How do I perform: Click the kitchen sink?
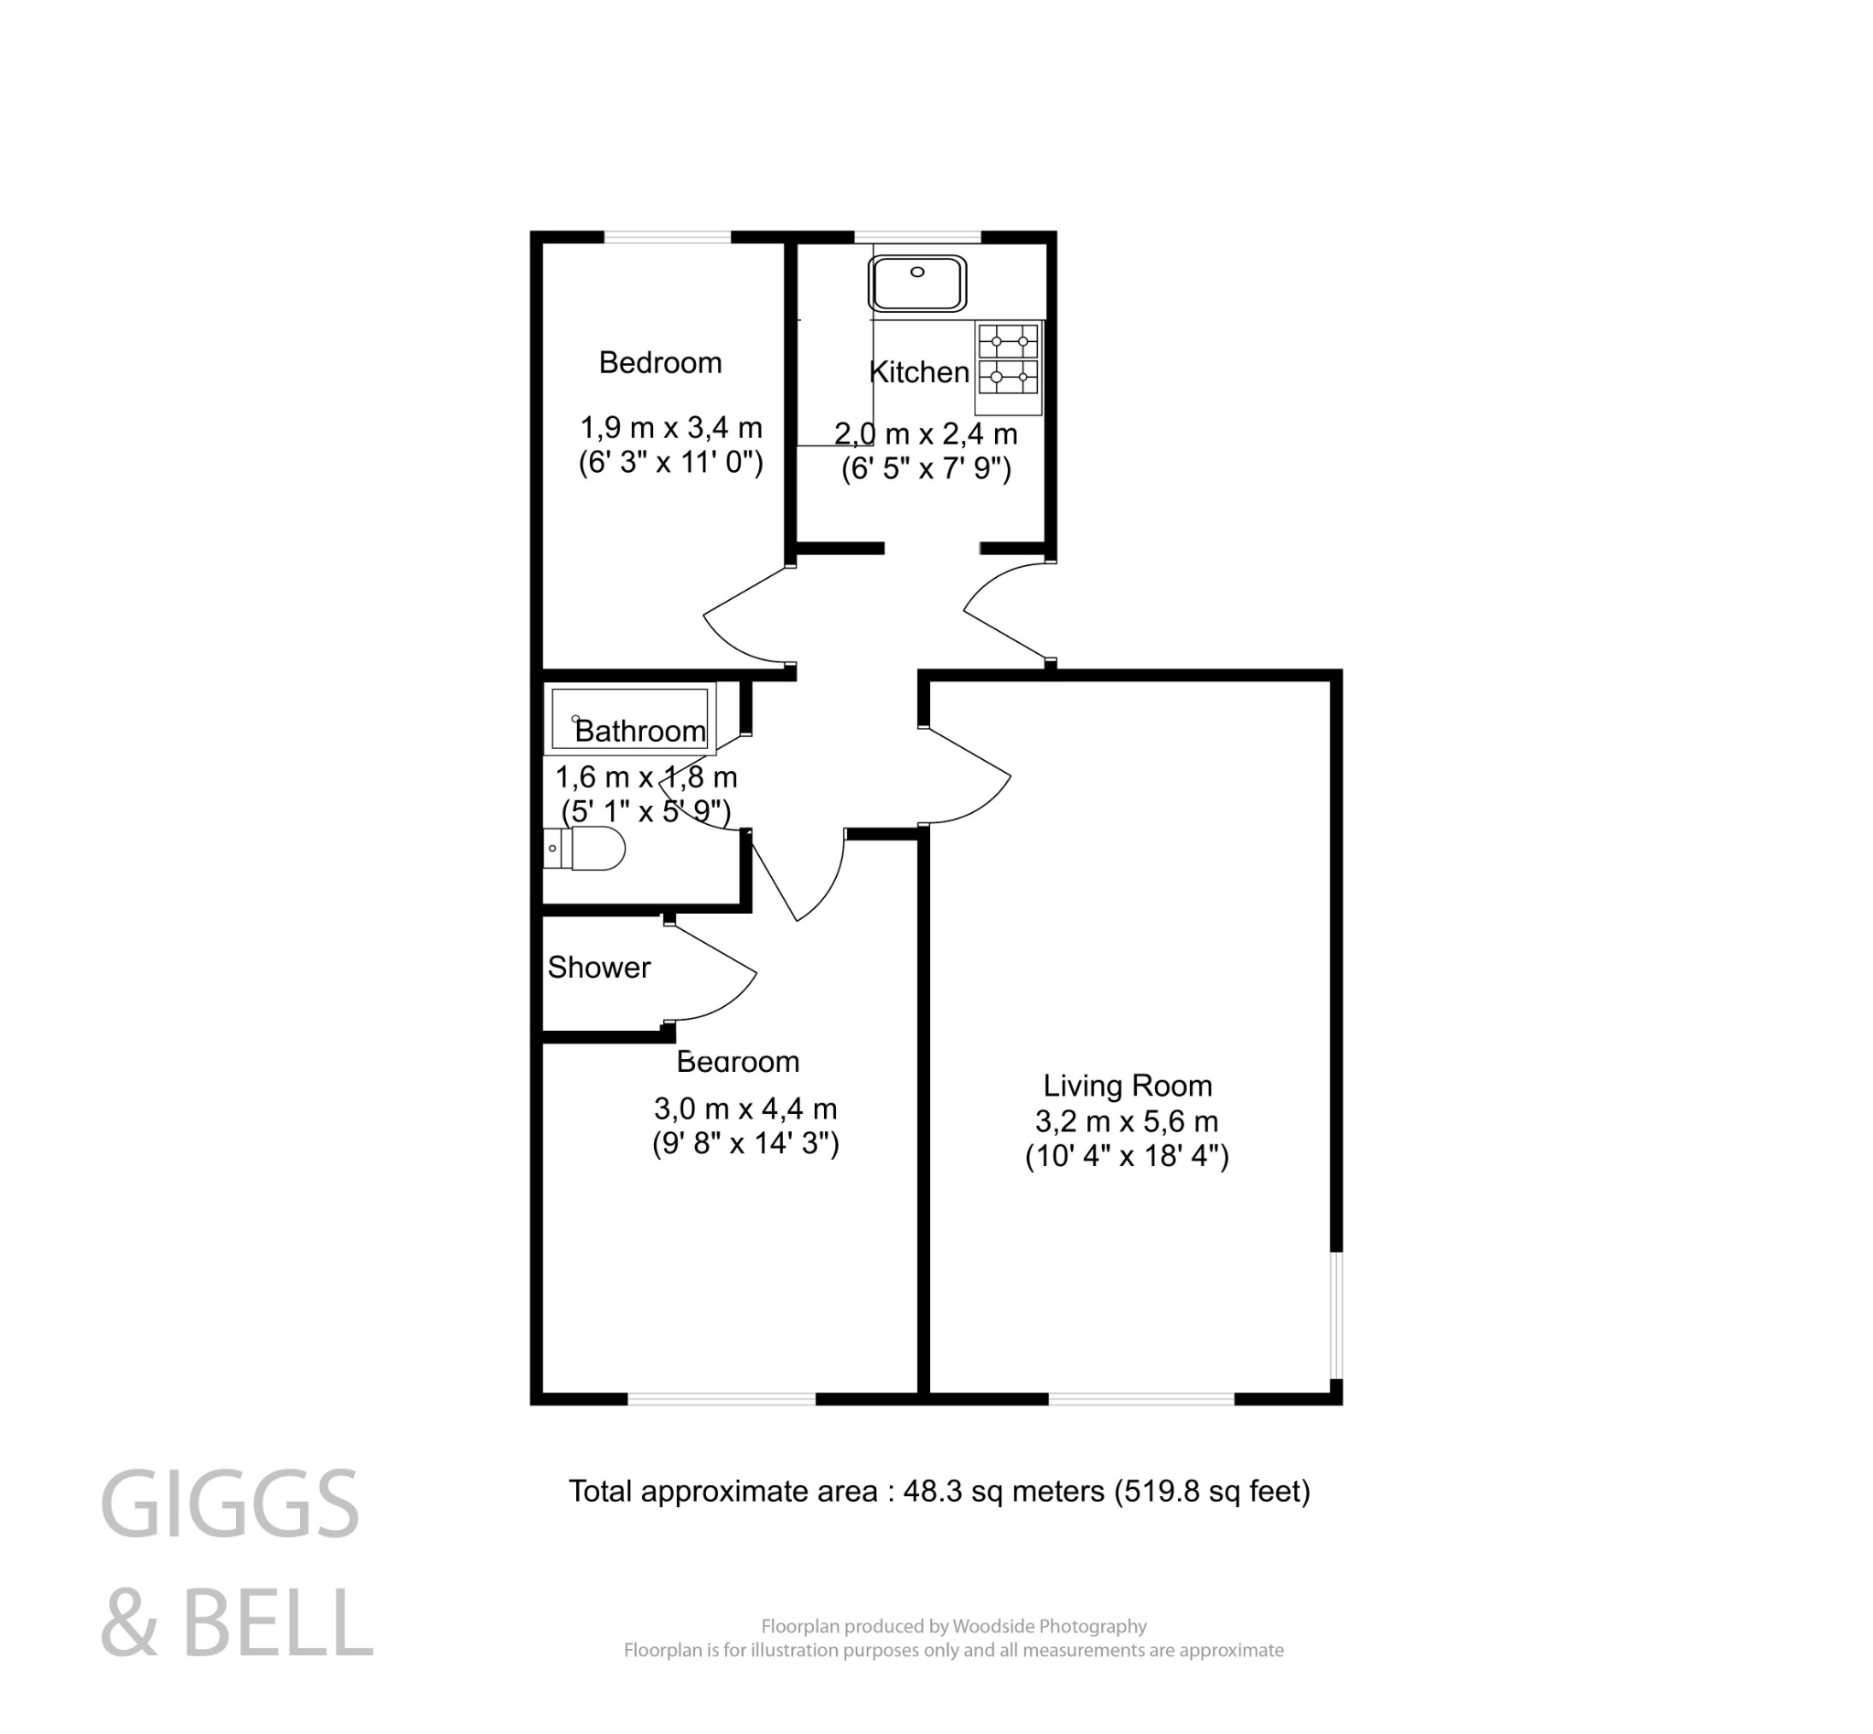pyautogui.click(x=916, y=284)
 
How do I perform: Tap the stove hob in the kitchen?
pyautogui.click(x=1009, y=359)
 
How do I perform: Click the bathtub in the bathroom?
pyautogui.click(x=628, y=719)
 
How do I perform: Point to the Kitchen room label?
pyautogui.click(x=919, y=372)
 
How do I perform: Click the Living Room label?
pyautogui.click(x=1127, y=1086)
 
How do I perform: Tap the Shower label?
pyautogui.click(x=599, y=968)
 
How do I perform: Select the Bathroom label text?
pyautogui.click(x=640, y=731)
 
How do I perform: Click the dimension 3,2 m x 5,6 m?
pyautogui.click(x=1126, y=1121)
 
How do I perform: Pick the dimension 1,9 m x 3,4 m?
pyautogui.click(x=671, y=428)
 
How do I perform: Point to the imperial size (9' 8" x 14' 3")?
pyautogui.click(x=745, y=1144)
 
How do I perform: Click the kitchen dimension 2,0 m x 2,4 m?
pyautogui.click(x=926, y=434)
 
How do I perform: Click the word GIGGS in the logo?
pyautogui.click(x=230, y=1505)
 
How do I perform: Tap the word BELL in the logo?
pyautogui.click(x=277, y=1624)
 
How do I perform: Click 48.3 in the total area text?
pyautogui.click(x=933, y=1491)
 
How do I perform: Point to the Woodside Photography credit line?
pyautogui.click(x=953, y=1626)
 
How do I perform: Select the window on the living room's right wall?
pyautogui.click(x=1337, y=1314)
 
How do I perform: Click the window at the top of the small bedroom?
pyautogui.click(x=668, y=238)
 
